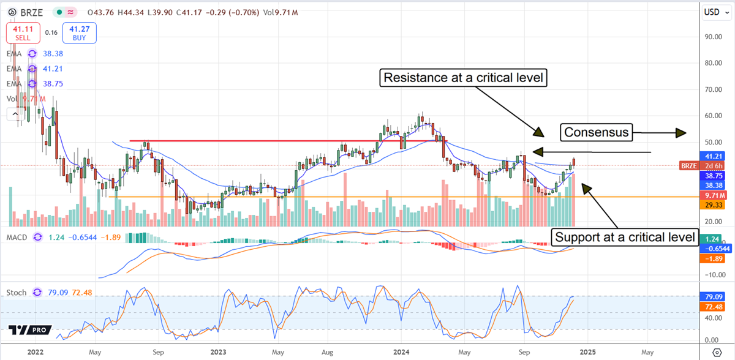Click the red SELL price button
tap(24, 32)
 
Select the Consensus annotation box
tap(597, 132)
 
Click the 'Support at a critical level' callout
tap(625, 237)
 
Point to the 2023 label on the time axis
tap(219, 352)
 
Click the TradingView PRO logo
tap(29, 330)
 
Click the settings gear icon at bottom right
tap(717, 352)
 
